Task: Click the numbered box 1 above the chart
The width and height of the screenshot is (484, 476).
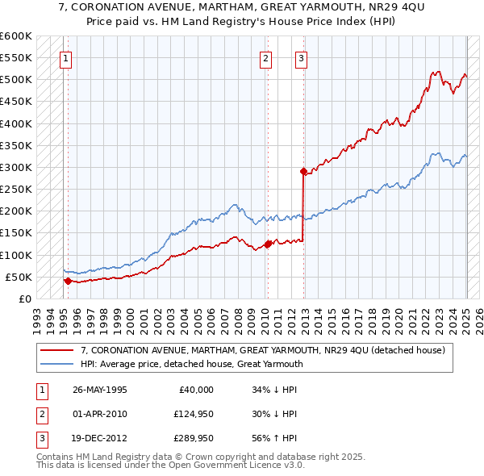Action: coord(65,57)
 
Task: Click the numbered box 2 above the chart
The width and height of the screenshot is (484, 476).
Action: coord(265,57)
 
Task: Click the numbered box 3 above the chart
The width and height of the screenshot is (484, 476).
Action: coord(301,57)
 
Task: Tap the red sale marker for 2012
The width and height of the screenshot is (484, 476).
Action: coord(303,171)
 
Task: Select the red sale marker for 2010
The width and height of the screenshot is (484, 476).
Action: coord(267,244)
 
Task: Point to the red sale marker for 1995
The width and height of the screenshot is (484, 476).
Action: coord(68,281)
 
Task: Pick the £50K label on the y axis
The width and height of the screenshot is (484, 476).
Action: coord(19,277)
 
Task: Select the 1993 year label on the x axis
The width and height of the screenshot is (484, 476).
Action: coord(37,317)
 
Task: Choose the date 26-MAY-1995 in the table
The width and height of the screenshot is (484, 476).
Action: coord(100,390)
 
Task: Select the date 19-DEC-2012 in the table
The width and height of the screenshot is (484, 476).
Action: coord(100,438)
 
